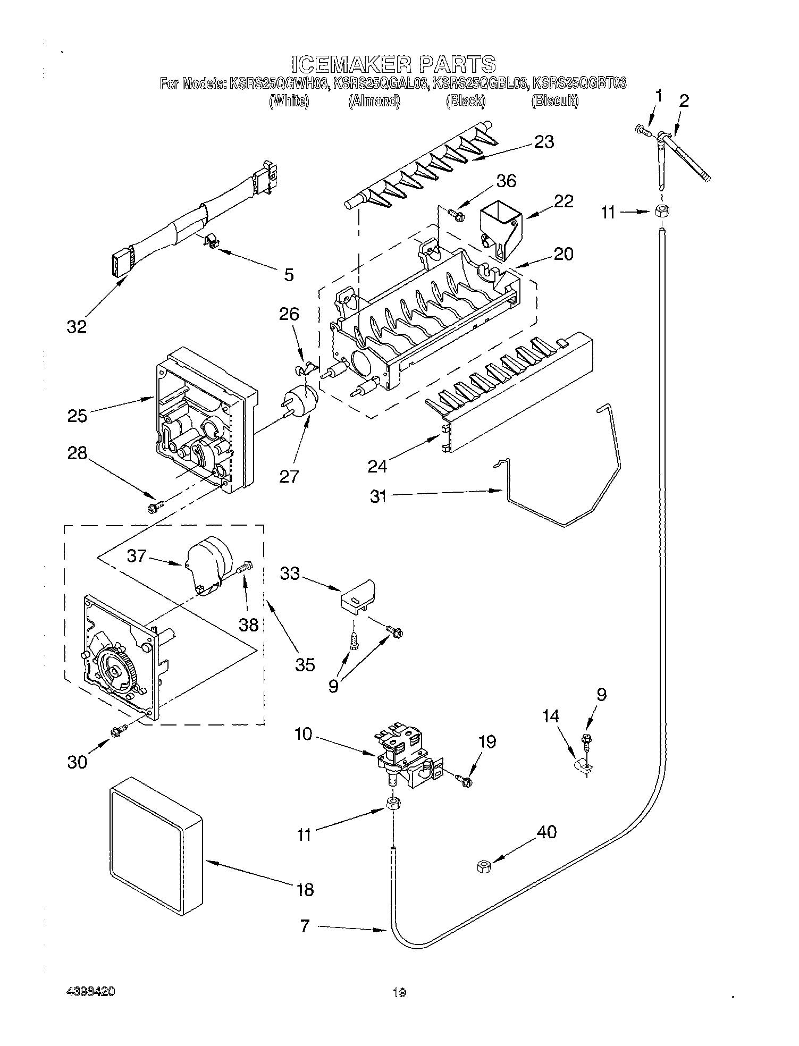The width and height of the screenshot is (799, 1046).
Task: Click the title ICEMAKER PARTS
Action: point(393,64)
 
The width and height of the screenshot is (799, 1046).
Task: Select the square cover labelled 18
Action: point(156,846)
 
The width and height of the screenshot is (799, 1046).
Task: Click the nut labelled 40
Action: point(483,867)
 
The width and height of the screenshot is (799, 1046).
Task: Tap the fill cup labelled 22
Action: point(500,226)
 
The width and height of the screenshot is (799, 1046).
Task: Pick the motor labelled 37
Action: point(209,564)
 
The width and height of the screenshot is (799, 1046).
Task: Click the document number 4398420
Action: point(90,992)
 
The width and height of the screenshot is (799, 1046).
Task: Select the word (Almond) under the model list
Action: point(374,101)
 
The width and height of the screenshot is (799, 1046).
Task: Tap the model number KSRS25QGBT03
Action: point(579,83)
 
